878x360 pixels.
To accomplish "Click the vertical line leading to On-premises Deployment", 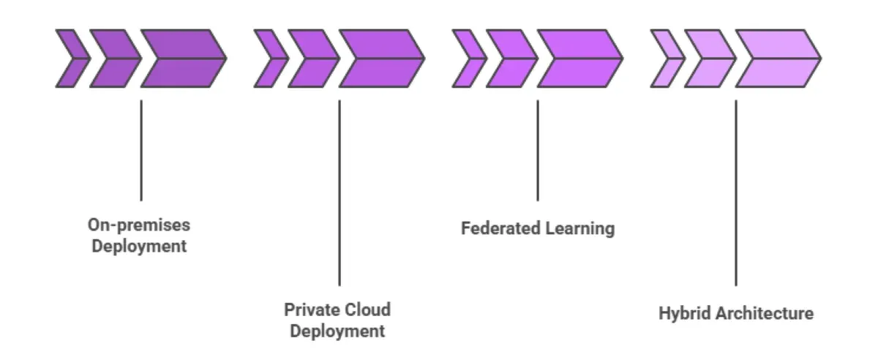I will [x=140, y=150].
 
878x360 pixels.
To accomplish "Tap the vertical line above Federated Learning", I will [x=538, y=150].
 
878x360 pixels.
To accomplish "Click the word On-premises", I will [x=139, y=224].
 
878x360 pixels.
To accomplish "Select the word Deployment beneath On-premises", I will [x=139, y=246].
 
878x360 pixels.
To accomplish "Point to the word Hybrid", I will [x=685, y=314].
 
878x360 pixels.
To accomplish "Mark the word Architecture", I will [x=764, y=314].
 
